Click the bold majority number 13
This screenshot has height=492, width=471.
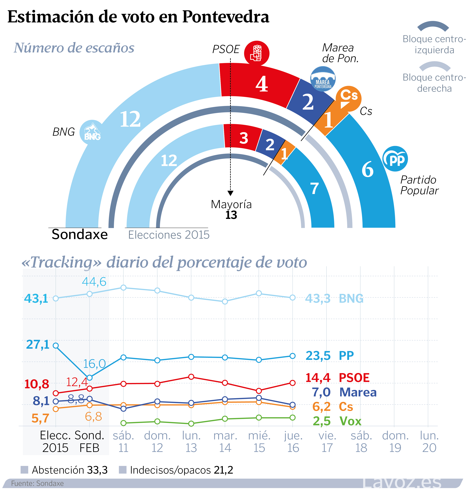point(231,215)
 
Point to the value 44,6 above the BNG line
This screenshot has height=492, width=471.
point(94,282)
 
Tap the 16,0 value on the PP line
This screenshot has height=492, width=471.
point(94,364)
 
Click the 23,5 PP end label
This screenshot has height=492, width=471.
point(318,356)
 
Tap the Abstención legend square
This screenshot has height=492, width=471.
point(24,470)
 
